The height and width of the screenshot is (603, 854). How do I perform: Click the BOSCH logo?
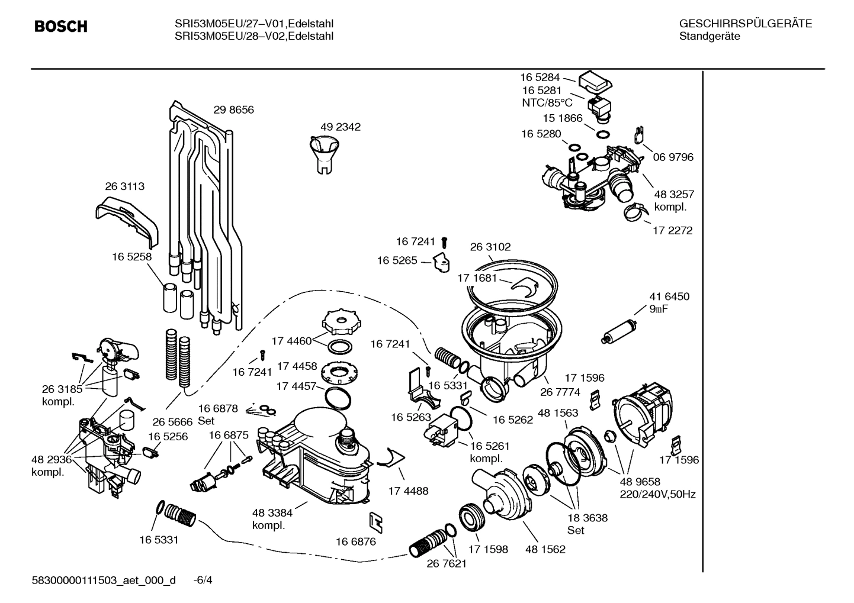(61, 27)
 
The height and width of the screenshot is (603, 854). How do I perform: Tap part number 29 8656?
(233, 110)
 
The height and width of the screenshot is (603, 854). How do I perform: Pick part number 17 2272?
(672, 231)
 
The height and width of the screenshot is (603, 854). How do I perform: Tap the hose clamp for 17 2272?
(634, 211)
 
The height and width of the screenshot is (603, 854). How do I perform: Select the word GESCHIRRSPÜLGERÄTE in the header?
(746, 24)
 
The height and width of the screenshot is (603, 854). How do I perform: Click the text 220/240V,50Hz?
(657, 494)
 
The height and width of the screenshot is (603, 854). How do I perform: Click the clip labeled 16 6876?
(375, 521)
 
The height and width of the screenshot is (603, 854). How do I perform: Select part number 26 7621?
(447, 563)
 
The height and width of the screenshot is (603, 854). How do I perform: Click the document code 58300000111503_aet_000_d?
(104, 580)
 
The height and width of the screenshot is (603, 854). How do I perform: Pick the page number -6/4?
(203, 580)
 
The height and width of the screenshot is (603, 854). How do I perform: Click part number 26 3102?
(490, 247)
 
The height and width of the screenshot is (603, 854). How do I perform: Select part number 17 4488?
(408, 491)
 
